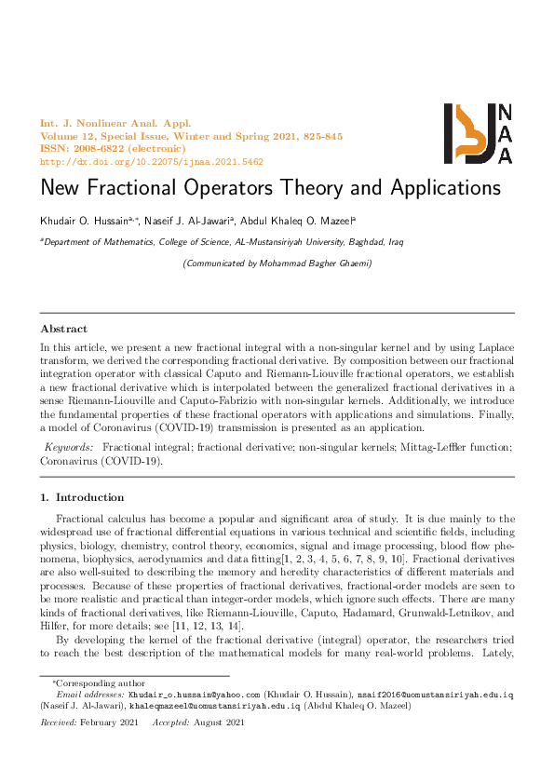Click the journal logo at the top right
(477, 134)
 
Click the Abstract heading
(64, 329)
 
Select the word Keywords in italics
(70, 448)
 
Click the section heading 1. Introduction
(82, 497)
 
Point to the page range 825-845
(323, 137)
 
